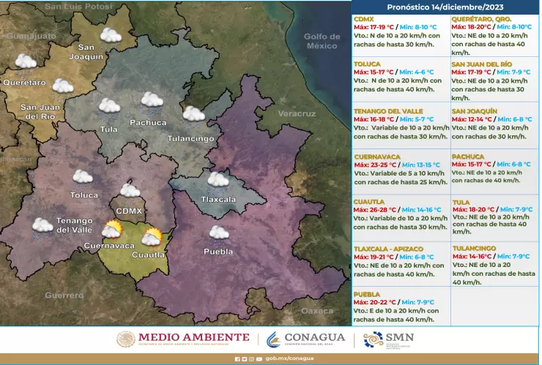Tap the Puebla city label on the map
[x=218, y=252]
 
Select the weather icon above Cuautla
[x=152, y=237]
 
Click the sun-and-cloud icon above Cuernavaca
[x=111, y=230]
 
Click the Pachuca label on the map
[x=148, y=122]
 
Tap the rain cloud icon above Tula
[x=109, y=107]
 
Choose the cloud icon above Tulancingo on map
[x=193, y=114]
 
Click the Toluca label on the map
[x=83, y=195]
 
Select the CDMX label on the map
[x=129, y=211]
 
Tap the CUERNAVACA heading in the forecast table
[x=378, y=157]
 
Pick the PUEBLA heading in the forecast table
[x=366, y=294]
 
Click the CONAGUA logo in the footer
[x=305, y=339]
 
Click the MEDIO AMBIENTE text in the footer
[x=193, y=337]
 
